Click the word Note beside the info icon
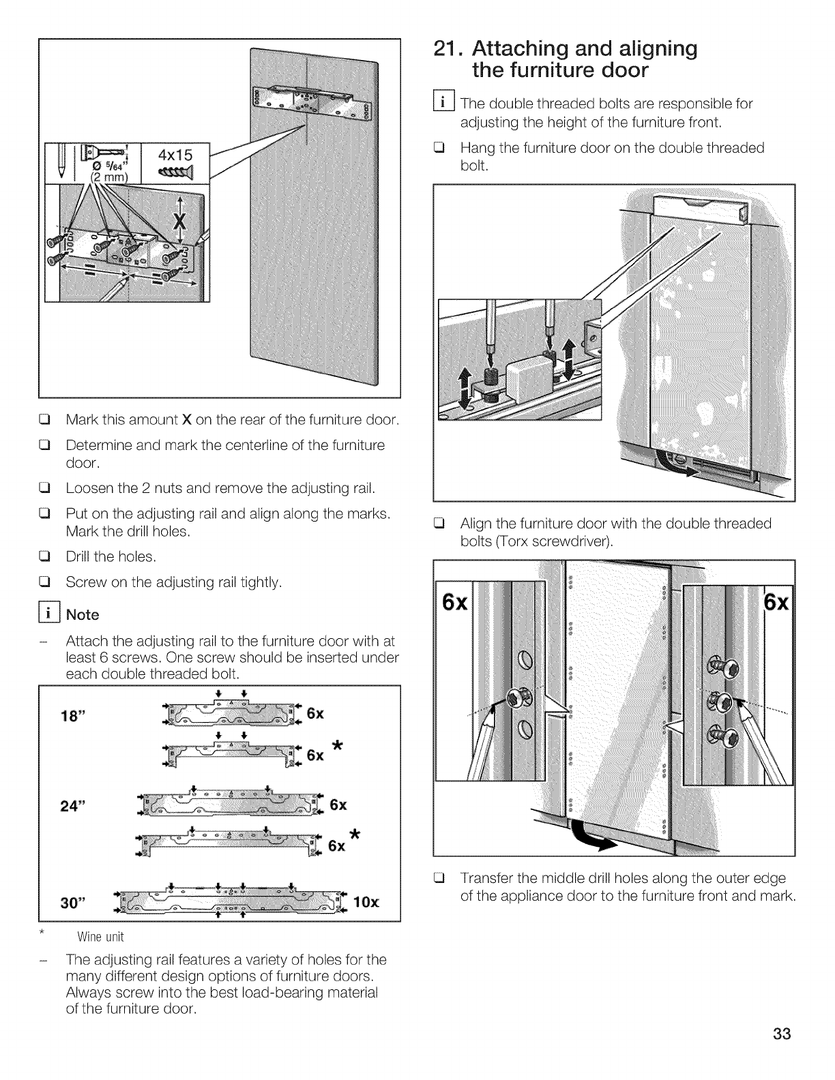pyautogui.click(x=83, y=615)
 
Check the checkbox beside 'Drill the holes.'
pyautogui.click(x=49, y=557)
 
